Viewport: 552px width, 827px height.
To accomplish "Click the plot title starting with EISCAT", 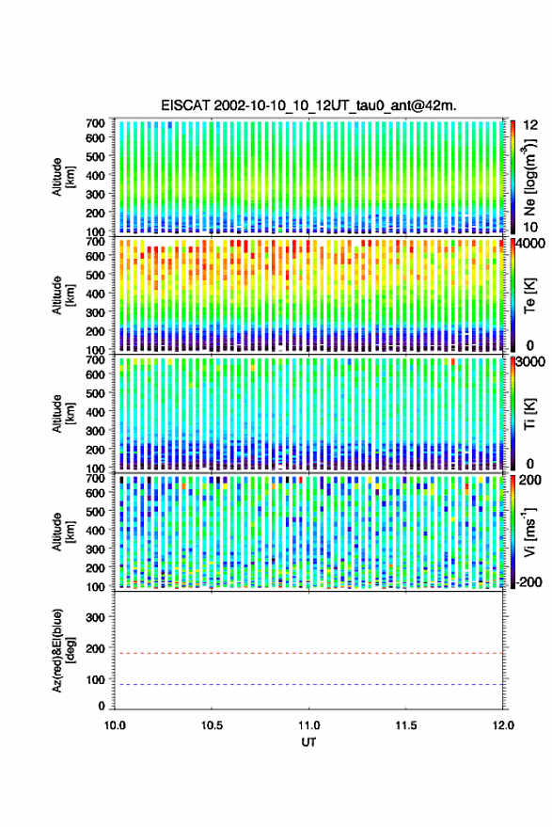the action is tap(308, 105).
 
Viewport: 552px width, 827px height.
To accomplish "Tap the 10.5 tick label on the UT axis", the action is tap(212, 725).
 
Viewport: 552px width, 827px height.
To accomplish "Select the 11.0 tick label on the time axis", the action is tap(308, 725).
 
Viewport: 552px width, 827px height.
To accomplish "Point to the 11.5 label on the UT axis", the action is tap(406, 725).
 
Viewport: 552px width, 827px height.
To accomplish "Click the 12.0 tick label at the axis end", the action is tap(503, 725).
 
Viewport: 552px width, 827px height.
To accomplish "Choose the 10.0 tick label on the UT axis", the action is tap(115, 725).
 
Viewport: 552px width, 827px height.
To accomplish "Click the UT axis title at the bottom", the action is tap(308, 742).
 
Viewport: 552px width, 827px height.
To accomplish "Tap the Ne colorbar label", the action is tap(529, 177).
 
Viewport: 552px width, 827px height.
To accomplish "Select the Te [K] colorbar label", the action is tap(529, 295).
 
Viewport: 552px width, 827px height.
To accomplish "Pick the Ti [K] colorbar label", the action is tap(529, 414).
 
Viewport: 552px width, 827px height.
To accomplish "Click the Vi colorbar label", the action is tap(529, 532).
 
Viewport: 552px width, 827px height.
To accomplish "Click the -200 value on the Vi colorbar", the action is tap(528, 582).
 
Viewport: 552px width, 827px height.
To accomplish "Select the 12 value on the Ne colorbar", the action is tap(530, 125).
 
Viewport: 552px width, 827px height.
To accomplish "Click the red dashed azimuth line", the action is tap(309, 654).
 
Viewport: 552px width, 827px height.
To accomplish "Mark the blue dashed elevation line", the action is tap(309, 685).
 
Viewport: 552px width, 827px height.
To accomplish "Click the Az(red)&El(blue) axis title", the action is tap(63, 650).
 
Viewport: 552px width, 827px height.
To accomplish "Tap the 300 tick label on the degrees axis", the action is tap(95, 617).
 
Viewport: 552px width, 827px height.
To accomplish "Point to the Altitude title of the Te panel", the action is tap(63, 295).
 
